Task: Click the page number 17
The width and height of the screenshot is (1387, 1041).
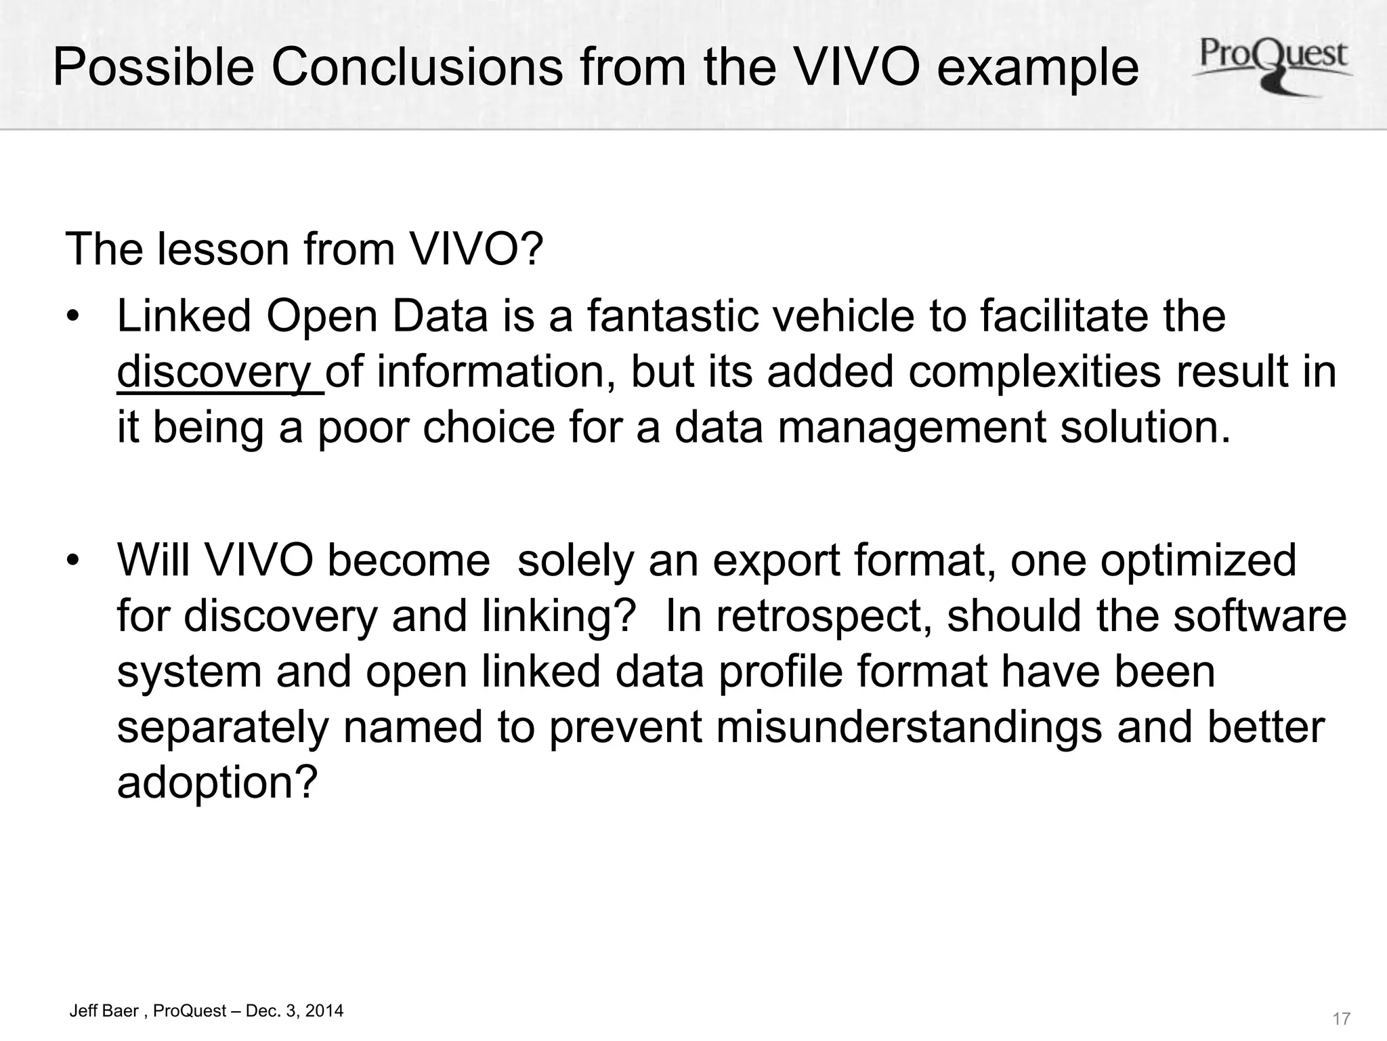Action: coord(1341,1018)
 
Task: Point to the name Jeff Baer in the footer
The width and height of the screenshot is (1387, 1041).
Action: coord(104,1011)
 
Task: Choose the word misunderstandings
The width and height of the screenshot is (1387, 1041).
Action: coord(908,727)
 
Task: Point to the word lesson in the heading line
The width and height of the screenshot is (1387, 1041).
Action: coord(223,249)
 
